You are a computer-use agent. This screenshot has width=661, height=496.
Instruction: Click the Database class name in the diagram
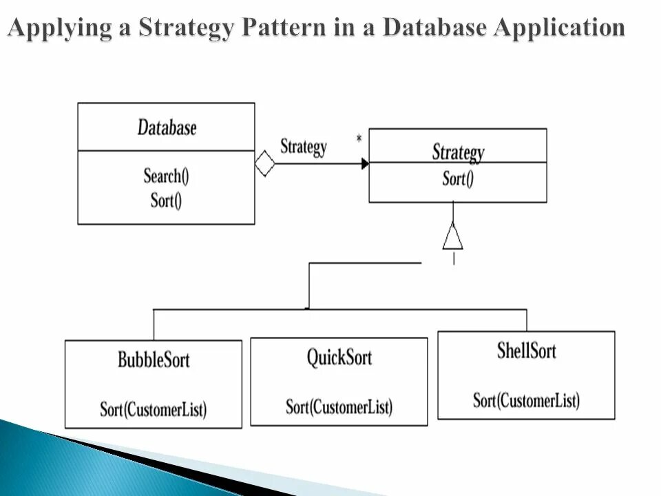(167, 128)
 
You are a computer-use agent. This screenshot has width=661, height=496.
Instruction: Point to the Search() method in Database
(166, 176)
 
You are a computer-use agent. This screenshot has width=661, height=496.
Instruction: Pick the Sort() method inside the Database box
(166, 200)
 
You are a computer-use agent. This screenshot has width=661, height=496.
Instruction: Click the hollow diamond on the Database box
(264, 164)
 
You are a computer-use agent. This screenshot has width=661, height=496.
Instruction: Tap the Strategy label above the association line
(304, 147)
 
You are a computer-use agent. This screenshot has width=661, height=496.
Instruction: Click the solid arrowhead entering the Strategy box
(365, 164)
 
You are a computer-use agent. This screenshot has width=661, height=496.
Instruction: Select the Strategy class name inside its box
(458, 152)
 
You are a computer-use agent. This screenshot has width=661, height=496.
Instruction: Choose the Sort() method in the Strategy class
(458, 180)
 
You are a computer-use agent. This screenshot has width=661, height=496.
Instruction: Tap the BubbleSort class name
(154, 359)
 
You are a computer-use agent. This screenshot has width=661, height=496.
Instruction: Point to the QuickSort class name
(339, 358)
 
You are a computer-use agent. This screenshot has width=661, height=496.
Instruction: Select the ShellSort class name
(526, 351)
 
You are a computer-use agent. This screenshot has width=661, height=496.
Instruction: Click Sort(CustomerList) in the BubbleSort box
(154, 409)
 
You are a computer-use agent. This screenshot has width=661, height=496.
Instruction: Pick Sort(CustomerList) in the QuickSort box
(339, 406)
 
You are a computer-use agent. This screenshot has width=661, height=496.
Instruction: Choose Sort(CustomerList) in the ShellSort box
(526, 400)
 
